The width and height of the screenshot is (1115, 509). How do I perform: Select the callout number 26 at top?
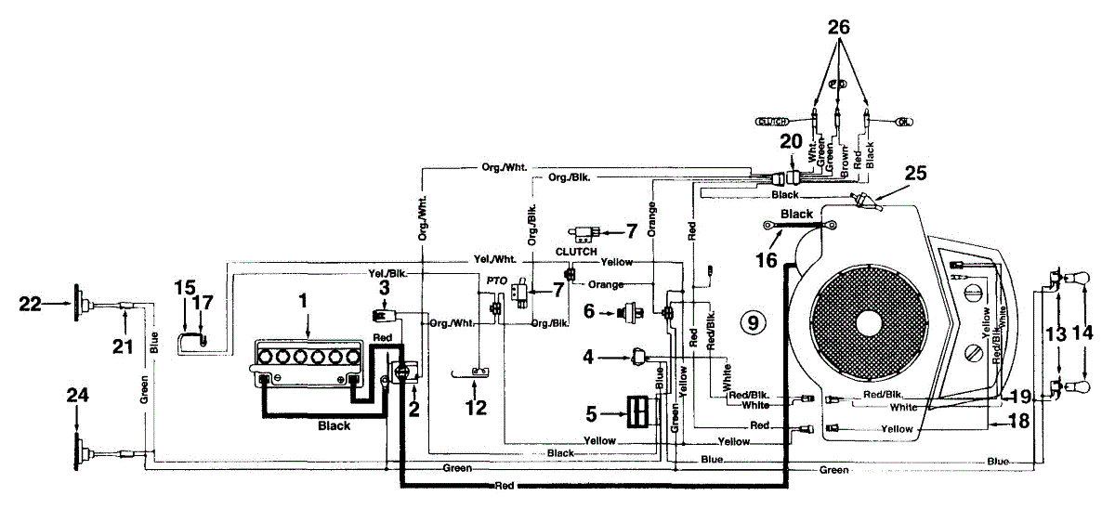click(x=840, y=28)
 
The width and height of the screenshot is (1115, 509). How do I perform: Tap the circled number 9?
click(x=754, y=322)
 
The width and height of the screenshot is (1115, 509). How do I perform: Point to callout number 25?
click(x=916, y=173)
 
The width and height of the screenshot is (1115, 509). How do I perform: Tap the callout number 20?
click(x=790, y=143)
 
